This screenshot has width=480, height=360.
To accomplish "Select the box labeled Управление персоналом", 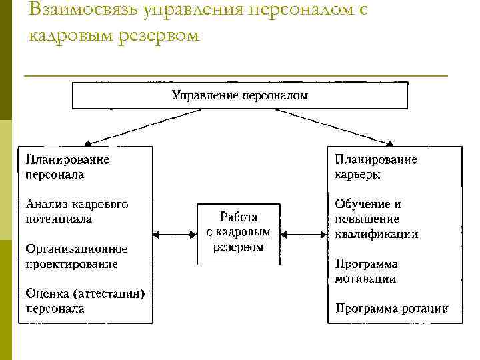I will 239,95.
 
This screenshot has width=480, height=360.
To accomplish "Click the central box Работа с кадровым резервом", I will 239,233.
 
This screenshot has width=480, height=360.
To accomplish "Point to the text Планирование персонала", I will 67,167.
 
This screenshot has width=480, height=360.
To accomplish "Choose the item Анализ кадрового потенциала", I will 77,211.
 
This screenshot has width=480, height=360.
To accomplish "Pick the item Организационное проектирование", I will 77,256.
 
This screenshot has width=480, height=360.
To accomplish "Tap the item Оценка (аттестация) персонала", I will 85,301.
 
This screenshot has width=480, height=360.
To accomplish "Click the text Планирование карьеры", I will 376,167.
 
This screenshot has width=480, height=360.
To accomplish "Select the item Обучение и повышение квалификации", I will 377,219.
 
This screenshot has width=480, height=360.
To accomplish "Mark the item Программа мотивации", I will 366,271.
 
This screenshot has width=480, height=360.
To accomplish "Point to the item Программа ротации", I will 391,309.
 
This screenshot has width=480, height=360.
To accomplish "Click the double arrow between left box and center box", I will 175,234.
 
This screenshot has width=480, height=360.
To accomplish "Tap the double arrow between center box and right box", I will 304,234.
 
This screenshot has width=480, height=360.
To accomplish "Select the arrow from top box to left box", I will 143,127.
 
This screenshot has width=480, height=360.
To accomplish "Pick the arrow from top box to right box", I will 333,127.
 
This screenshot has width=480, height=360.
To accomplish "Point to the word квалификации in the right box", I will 377,234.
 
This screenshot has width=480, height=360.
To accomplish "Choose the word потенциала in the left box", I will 59,219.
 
